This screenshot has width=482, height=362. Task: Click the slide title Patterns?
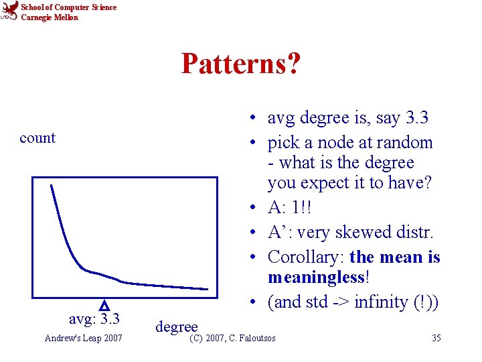point(240,64)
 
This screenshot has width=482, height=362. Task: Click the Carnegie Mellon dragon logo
point(9,11)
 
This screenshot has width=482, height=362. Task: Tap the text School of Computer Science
point(68,7)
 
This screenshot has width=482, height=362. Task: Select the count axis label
point(37,138)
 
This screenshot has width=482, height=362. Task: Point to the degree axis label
point(177,326)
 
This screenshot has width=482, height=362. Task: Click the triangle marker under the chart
point(104,305)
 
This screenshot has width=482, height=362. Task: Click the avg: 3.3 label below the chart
point(94,317)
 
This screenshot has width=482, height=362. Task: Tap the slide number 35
point(436,338)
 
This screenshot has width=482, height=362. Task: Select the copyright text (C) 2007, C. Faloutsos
point(232,338)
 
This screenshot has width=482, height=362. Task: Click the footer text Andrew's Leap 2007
point(83,338)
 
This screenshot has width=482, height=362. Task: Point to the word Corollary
point(305,257)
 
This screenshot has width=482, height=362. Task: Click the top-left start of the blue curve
point(51,185)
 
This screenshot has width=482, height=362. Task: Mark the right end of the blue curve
point(208,289)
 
